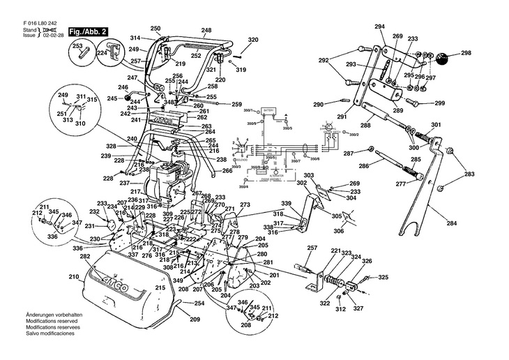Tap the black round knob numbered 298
[443, 57]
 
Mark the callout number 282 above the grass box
[86, 257]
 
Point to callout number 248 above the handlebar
[206, 30]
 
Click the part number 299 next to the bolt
[440, 103]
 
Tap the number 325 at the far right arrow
[383, 278]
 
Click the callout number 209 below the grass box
[195, 319]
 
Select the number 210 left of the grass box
[73, 277]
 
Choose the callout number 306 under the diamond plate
[338, 232]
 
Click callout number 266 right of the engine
[227, 170]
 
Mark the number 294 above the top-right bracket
[379, 27]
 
